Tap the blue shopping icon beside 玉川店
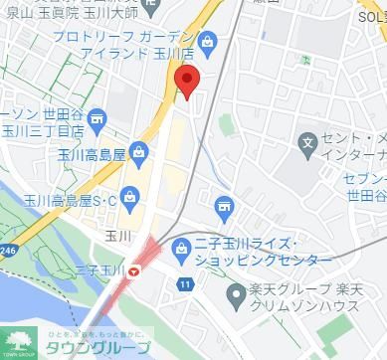tap(207, 42)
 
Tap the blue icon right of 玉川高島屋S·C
tap(128, 197)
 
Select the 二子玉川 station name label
tap(99, 269)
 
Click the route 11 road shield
tap(185, 285)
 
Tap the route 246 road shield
tap(8, 251)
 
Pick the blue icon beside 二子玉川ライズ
tap(181, 246)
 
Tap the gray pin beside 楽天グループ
tap(236, 294)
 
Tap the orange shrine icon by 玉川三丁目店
tap(97, 119)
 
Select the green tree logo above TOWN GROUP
tap(16, 338)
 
